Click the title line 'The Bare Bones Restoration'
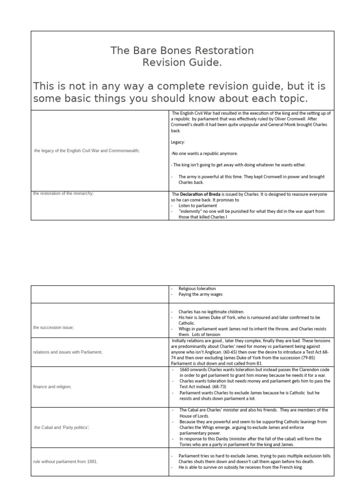tap(182, 51)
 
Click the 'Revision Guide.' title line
tap(182, 63)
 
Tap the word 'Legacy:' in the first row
tap(179, 142)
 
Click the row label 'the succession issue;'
tap(53, 328)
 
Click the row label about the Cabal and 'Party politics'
tap(62, 427)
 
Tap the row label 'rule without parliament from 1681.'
tap(66, 461)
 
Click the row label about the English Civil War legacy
tap(87, 150)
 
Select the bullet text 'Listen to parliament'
tap(198, 206)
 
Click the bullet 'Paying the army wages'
tap(201, 294)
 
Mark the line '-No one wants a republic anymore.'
tap(204, 153)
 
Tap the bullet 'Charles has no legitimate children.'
tap(211, 311)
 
